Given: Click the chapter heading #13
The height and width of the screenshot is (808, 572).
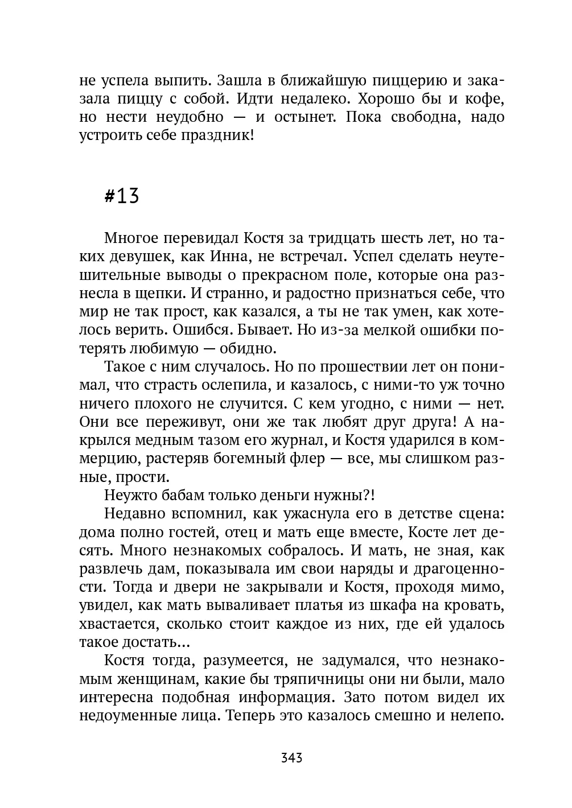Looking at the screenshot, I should pos(122,196).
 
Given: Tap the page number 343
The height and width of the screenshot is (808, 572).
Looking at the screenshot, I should pos(291,758).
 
